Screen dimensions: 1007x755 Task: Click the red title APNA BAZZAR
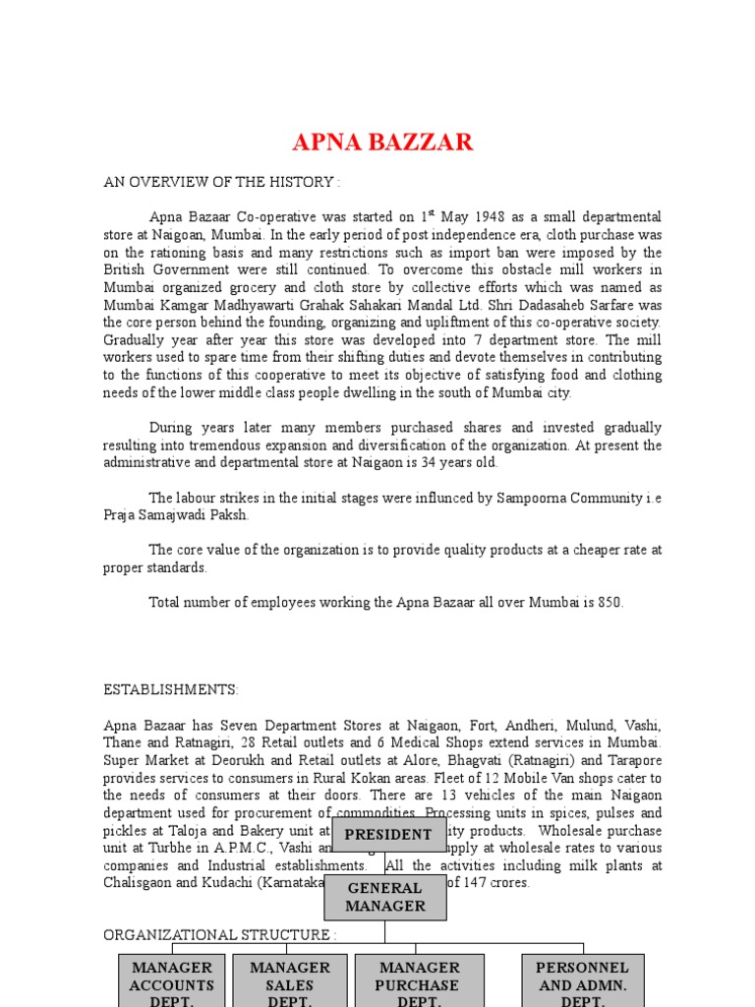[x=382, y=143]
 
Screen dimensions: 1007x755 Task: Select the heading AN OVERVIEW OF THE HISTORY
[x=222, y=182]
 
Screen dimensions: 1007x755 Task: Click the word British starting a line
[x=126, y=269]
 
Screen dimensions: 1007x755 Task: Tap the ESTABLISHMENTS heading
[x=171, y=690]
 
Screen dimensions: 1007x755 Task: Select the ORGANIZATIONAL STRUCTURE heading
[x=220, y=935]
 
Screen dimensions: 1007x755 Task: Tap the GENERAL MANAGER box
[x=384, y=897]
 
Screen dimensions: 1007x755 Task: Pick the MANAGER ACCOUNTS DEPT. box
[x=171, y=981]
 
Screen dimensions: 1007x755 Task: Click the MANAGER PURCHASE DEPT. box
[x=419, y=981]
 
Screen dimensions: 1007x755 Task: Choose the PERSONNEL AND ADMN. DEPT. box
[x=582, y=981]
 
